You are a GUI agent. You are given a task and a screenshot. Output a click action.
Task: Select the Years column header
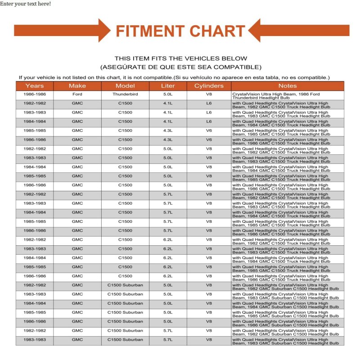point(35,86)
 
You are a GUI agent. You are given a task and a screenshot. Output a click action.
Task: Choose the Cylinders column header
point(209,86)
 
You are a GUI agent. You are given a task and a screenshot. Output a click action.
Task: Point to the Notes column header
point(288,86)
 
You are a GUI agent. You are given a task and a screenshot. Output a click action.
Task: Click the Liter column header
point(168,86)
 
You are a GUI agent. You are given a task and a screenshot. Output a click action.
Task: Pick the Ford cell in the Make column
point(77,94)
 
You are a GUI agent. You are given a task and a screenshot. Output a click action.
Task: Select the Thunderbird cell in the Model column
point(125,94)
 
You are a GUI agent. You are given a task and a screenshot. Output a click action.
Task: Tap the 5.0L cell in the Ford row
point(168,94)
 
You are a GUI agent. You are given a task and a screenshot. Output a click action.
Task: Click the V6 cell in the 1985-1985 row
point(209,131)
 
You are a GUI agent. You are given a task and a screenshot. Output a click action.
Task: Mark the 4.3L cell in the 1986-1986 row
point(168,140)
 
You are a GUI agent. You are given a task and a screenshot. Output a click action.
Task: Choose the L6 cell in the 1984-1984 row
point(209,121)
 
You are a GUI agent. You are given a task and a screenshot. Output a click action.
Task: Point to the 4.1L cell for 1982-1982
point(168,103)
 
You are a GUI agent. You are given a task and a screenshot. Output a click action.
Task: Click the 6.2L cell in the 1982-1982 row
point(168,240)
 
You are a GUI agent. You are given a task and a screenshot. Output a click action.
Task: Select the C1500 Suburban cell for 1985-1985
point(125,312)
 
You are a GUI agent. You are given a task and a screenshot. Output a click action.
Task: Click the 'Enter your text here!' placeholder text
point(26,4)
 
